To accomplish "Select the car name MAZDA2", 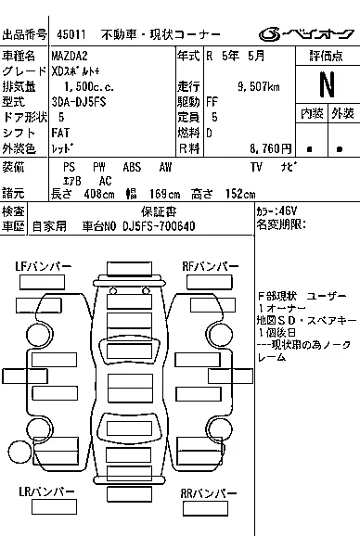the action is (71, 57).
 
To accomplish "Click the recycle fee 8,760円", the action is (265, 147).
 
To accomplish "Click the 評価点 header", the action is (326, 57).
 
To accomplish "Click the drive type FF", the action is (212, 102).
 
